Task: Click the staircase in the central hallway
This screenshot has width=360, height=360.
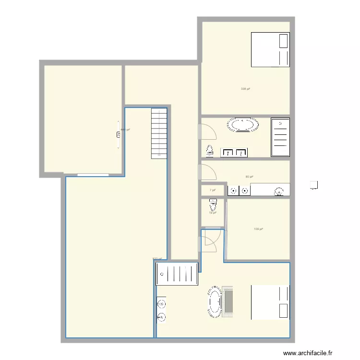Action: click(x=158, y=133)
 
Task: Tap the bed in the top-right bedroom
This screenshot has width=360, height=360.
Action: click(x=270, y=49)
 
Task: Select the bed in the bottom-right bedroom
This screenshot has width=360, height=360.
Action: click(x=270, y=302)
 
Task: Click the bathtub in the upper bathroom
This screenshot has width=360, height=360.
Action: click(x=243, y=125)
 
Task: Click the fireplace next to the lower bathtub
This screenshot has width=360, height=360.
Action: click(x=228, y=302)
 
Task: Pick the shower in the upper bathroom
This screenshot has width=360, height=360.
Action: click(x=280, y=137)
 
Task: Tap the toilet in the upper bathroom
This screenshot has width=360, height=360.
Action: click(x=209, y=151)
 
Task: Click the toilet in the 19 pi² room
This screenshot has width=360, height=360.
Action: click(x=213, y=206)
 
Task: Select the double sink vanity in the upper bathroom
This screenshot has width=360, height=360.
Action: click(x=234, y=153)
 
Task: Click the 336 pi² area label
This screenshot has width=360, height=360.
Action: click(x=245, y=89)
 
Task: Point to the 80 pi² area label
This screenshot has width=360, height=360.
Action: click(x=249, y=177)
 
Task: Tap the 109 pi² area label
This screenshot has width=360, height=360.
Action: click(x=258, y=229)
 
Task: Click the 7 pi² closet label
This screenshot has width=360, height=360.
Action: click(x=212, y=191)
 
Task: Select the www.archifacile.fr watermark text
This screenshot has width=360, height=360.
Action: click(x=308, y=353)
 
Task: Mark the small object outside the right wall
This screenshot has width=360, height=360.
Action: click(x=314, y=185)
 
